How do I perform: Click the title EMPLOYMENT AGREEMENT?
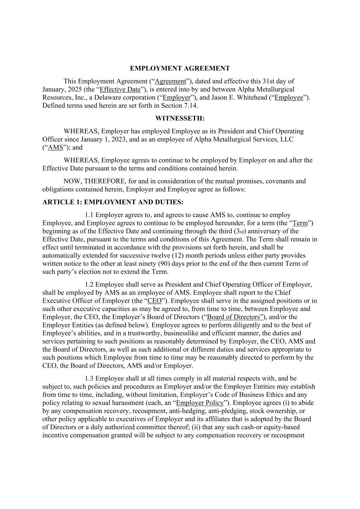[180, 68]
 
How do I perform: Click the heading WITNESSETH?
[180, 118]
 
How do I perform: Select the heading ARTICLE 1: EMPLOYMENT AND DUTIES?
[113, 202]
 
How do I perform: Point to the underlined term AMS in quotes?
[56, 148]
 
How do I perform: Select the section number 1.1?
[89, 215]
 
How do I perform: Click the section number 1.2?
[89, 285]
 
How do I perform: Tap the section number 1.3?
[89, 378]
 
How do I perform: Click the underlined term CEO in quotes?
[154, 301]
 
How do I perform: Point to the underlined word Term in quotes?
[300, 223]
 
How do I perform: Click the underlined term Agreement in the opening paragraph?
[170, 81]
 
